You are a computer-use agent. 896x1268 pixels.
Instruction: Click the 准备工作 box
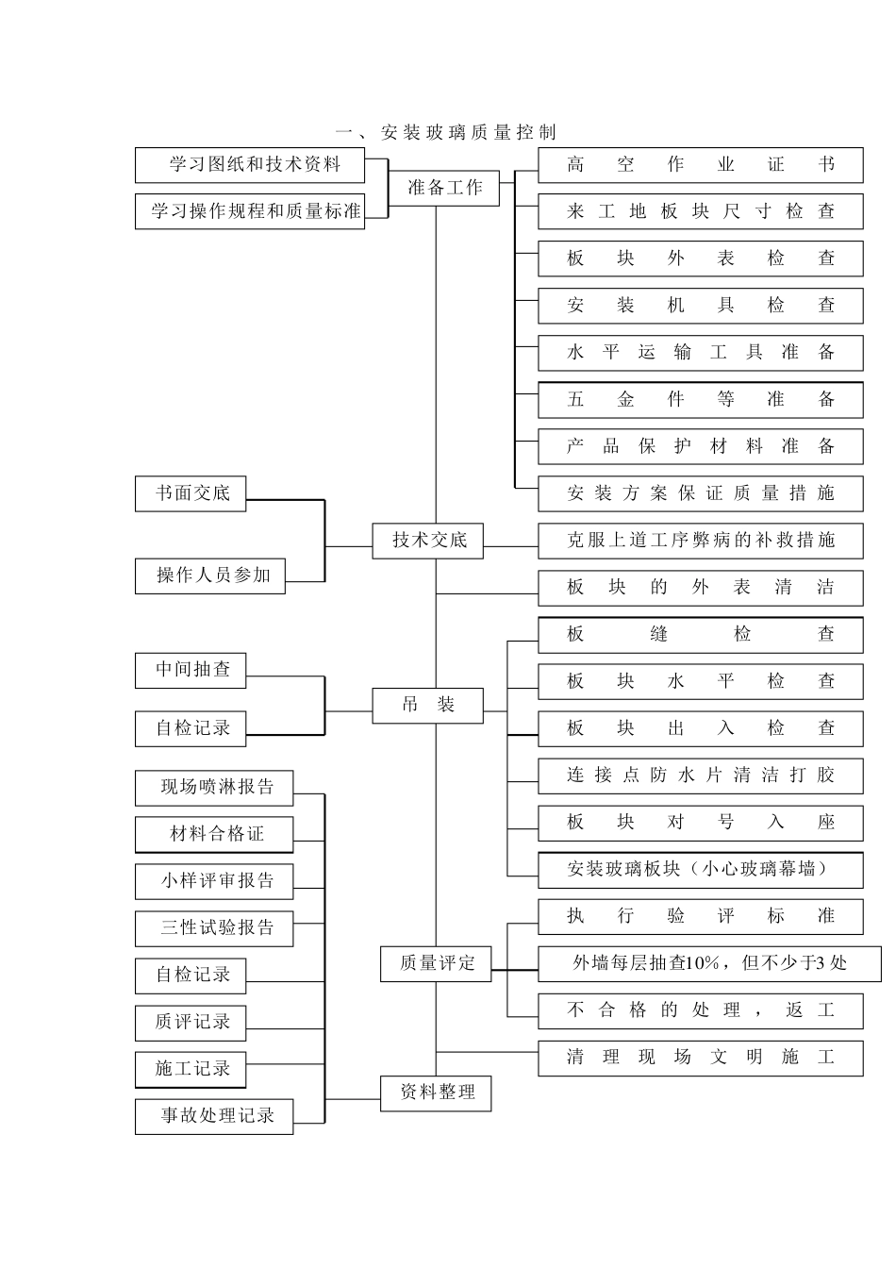(x=444, y=188)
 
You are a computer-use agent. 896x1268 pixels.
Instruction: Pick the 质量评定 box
(x=436, y=963)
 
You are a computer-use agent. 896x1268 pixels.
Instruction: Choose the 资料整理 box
(x=436, y=1093)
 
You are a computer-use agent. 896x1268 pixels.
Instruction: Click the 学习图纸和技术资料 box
(x=250, y=165)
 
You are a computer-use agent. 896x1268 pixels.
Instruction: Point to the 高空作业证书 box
(x=700, y=165)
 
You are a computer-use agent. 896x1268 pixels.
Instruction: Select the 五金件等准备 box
(x=700, y=399)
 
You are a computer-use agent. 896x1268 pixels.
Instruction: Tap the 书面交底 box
(x=191, y=493)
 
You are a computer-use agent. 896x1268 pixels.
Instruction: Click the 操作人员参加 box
(x=210, y=576)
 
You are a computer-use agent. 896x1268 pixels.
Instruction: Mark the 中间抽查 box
(x=191, y=670)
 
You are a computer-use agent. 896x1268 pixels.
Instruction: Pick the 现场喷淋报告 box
(x=214, y=787)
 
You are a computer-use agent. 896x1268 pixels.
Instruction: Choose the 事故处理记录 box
(x=214, y=1116)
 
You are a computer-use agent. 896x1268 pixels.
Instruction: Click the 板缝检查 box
(x=700, y=635)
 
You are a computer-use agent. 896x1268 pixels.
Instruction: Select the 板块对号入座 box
(x=700, y=823)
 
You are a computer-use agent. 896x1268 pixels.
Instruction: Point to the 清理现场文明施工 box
(x=700, y=1058)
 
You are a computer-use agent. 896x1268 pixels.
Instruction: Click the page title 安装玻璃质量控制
(x=446, y=132)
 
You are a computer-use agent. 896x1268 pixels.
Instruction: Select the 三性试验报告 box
(x=214, y=928)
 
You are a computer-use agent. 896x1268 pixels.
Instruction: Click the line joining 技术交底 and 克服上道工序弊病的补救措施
(x=510, y=546)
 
